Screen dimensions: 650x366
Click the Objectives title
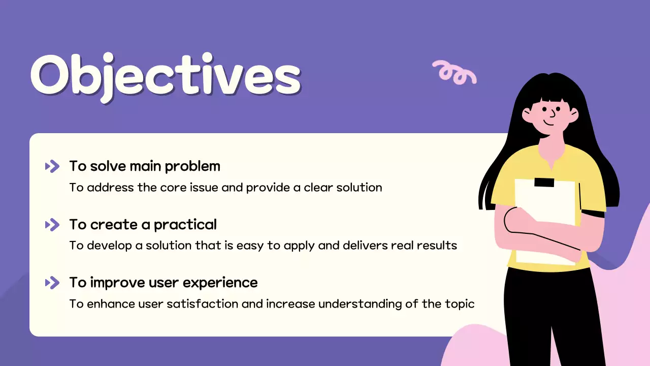[x=166, y=78]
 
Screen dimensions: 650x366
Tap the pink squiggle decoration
[x=454, y=72]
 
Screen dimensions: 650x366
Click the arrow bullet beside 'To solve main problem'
[x=52, y=166]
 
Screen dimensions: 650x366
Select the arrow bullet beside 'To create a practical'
[x=52, y=225]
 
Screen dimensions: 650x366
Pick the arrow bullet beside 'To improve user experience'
[x=52, y=283]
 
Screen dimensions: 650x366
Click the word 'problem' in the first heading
[x=192, y=167]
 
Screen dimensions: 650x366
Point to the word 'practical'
[x=185, y=225]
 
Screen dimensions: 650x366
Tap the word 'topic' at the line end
[x=460, y=304]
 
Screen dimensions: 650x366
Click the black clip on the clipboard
[x=544, y=182]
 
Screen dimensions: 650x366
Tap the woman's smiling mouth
[x=548, y=123]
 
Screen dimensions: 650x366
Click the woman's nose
[x=553, y=113]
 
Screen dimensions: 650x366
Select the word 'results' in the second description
[x=437, y=246]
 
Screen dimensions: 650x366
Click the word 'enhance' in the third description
[x=111, y=304]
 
